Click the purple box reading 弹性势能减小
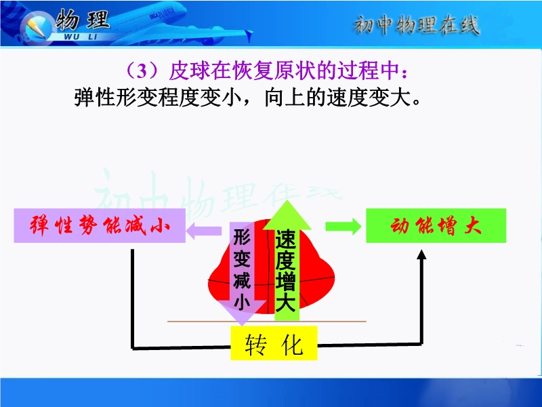(100, 225)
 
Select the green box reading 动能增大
(436, 225)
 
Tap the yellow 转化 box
(274, 343)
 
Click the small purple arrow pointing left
(204, 231)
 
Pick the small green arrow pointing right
(343, 227)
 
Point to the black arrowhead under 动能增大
(421, 254)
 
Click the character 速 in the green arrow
(285, 239)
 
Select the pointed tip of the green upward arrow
(287, 201)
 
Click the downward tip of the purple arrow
(243, 325)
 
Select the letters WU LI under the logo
(81, 37)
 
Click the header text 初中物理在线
(417, 25)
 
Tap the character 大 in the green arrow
(285, 301)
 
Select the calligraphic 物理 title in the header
(83, 20)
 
